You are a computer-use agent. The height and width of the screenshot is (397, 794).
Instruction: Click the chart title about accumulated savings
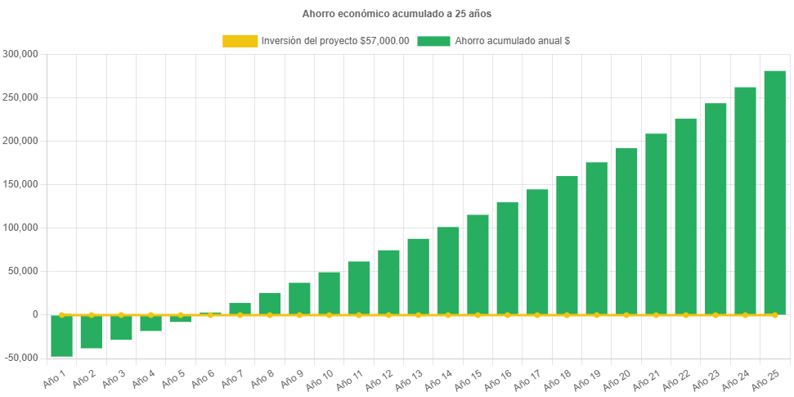point(397,14)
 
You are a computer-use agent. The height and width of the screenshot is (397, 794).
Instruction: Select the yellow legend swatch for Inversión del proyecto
point(240,41)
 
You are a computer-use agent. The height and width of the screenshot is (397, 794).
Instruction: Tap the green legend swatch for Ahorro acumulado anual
point(433,41)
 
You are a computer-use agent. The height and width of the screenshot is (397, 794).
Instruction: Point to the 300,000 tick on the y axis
point(21,54)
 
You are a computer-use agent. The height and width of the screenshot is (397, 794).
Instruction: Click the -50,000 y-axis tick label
point(21,358)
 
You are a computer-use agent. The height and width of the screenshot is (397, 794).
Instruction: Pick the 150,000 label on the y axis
point(21,184)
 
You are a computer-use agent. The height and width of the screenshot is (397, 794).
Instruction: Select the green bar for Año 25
point(774,192)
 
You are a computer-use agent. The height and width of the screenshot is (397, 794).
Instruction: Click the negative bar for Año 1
point(61,336)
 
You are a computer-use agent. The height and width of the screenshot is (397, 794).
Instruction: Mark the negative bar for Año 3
point(121,327)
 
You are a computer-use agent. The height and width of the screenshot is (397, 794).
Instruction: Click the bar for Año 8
point(270,304)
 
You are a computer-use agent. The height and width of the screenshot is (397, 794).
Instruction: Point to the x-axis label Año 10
point(318,378)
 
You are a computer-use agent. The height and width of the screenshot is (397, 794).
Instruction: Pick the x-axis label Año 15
point(467,378)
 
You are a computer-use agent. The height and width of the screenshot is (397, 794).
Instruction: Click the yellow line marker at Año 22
point(686,314)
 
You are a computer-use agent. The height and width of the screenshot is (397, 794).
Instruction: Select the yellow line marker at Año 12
point(388,314)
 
